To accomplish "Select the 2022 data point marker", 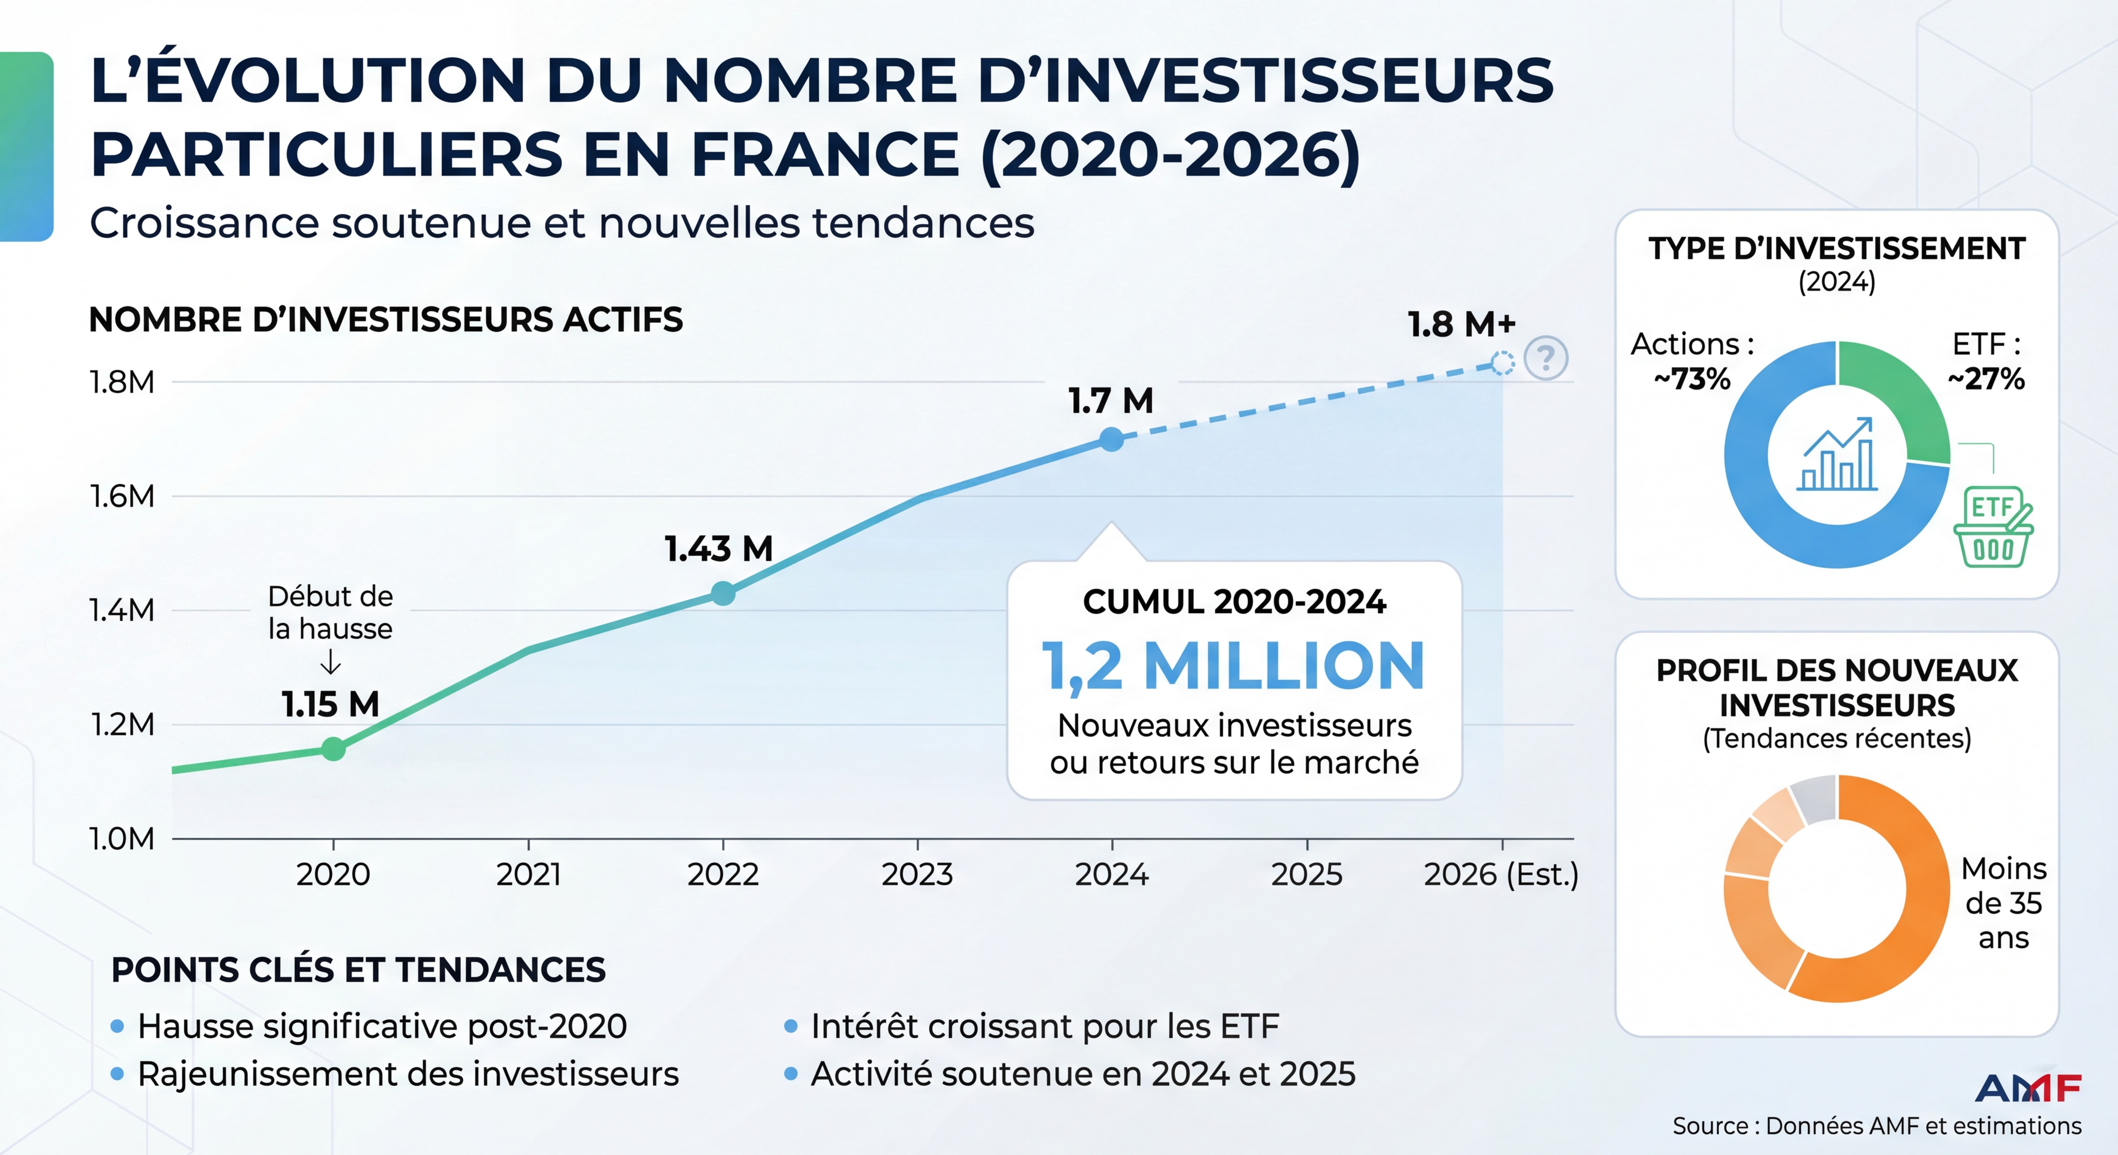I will (x=723, y=593).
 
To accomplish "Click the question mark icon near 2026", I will (x=1546, y=358).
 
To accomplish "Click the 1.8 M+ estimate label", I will (x=1461, y=325).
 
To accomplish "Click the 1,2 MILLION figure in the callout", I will (x=1233, y=666).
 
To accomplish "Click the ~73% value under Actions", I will (x=1692, y=379).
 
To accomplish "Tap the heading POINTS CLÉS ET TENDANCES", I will (x=358, y=970).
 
